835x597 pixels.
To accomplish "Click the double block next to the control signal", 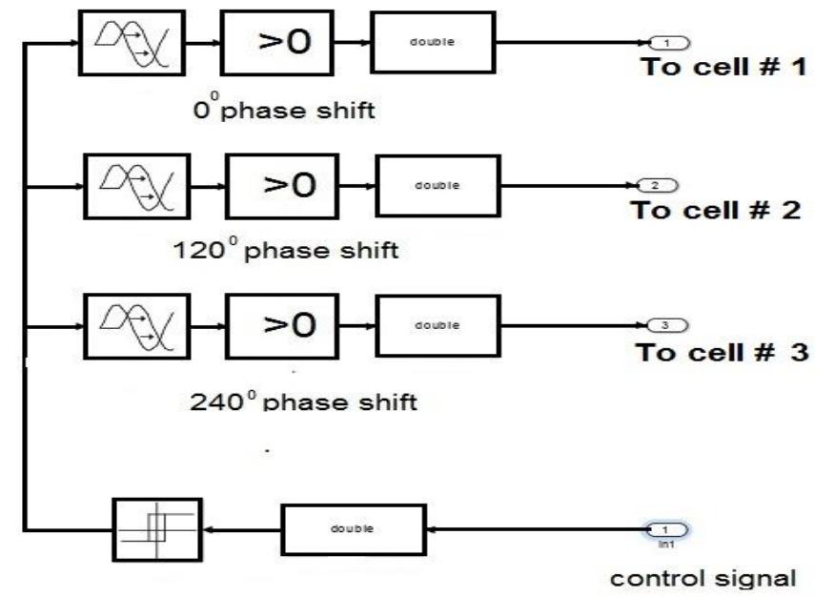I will (x=353, y=529).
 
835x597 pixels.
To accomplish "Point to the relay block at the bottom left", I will (x=156, y=530).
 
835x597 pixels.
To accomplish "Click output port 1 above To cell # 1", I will (x=667, y=42).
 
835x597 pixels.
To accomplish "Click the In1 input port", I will (x=666, y=529).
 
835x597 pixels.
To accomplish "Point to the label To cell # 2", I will (x=714, y=211).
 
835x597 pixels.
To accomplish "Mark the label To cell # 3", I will (x=722, y=352).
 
